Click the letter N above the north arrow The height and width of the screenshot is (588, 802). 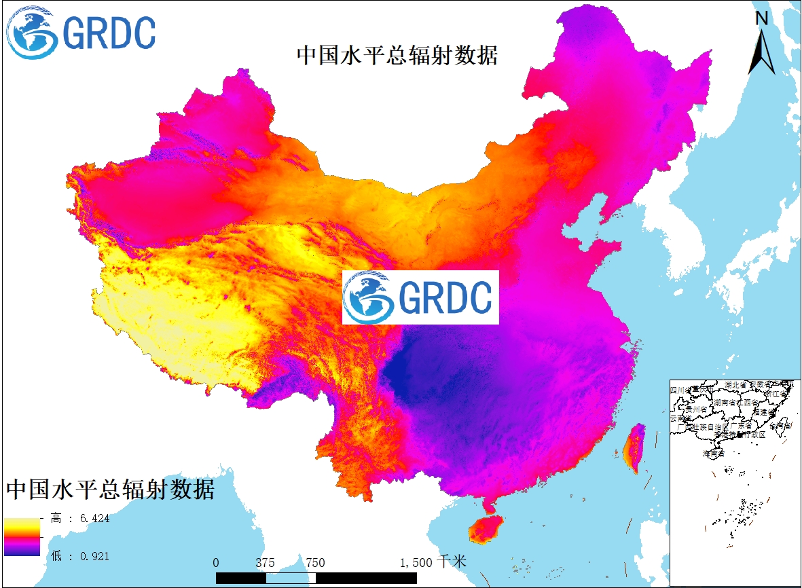click(762, 18)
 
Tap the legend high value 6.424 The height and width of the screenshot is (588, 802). click(94, 519)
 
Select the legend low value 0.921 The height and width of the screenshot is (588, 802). click(94, 556)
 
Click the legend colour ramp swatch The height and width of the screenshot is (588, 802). click(21, 537)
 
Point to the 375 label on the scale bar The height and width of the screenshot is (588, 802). click(266, 563)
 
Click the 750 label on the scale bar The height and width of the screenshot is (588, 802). click(315, 563)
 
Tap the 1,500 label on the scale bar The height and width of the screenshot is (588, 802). click(416, 563)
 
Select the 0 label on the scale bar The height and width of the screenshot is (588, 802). click(216, 563)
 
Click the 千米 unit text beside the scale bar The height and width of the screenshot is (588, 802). click(452, 562)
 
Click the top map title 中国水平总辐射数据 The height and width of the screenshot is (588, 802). click(397, 55)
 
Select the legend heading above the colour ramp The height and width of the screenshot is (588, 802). click(111, 489)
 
